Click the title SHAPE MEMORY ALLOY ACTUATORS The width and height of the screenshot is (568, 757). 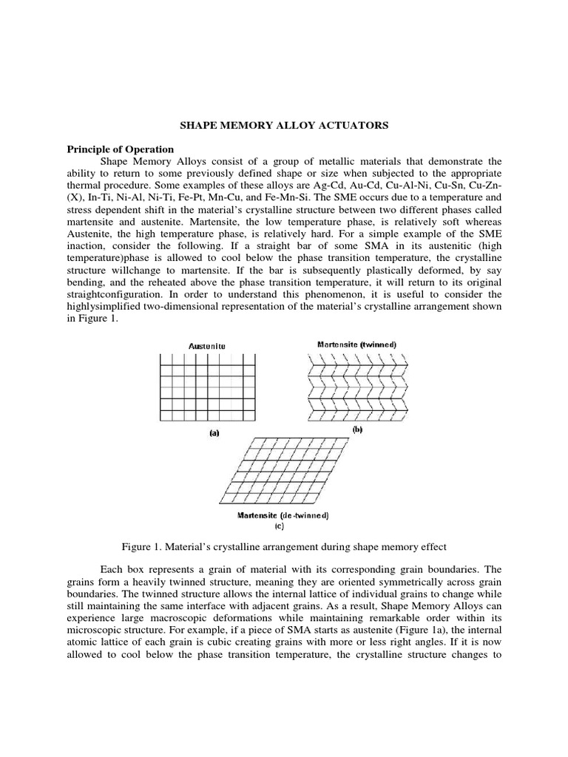click(x=284, y=126)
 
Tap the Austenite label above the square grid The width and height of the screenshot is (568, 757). click(x=207, y=345)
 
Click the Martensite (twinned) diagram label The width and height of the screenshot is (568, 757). click(x=357, y=344)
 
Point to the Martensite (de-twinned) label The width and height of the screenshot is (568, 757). click(x=283, y=515)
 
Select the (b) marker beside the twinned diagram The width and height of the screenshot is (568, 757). click(x=357, y=430)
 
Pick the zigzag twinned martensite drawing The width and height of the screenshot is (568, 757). click(x=357, y=388)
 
